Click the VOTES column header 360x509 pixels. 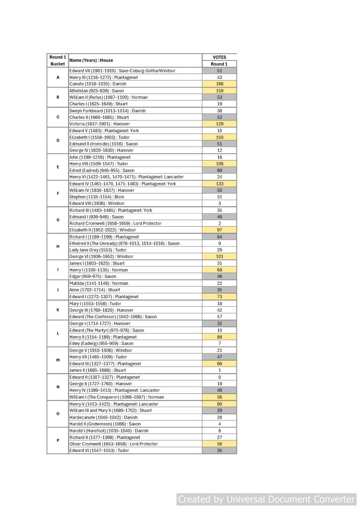pyautogui.click(x=219, y=57)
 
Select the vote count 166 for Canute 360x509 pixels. pyautogui.click(x=219, y=84)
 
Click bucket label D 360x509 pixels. pyautogui.click(x=58, y=140)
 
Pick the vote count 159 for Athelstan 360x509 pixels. pyautogui.click(x=219, y=91)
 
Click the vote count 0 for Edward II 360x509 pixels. pyautogui.click(x=219, y=377)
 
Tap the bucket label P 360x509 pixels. pyautogui.click(x=58, y=440)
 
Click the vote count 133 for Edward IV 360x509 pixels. pyautogui.click(x=219, y=183)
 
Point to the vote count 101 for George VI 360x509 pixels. pyautogui.click(x=219, y=256)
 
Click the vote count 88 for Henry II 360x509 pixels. pyautogui.click(x=219, y=337)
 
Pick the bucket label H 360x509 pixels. pyautogui.click(x=58, y=247)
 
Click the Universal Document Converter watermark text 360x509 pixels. pyautogui.click(x=267, y=499)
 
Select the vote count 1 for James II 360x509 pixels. pyautogui.click(x=219, y=370)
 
